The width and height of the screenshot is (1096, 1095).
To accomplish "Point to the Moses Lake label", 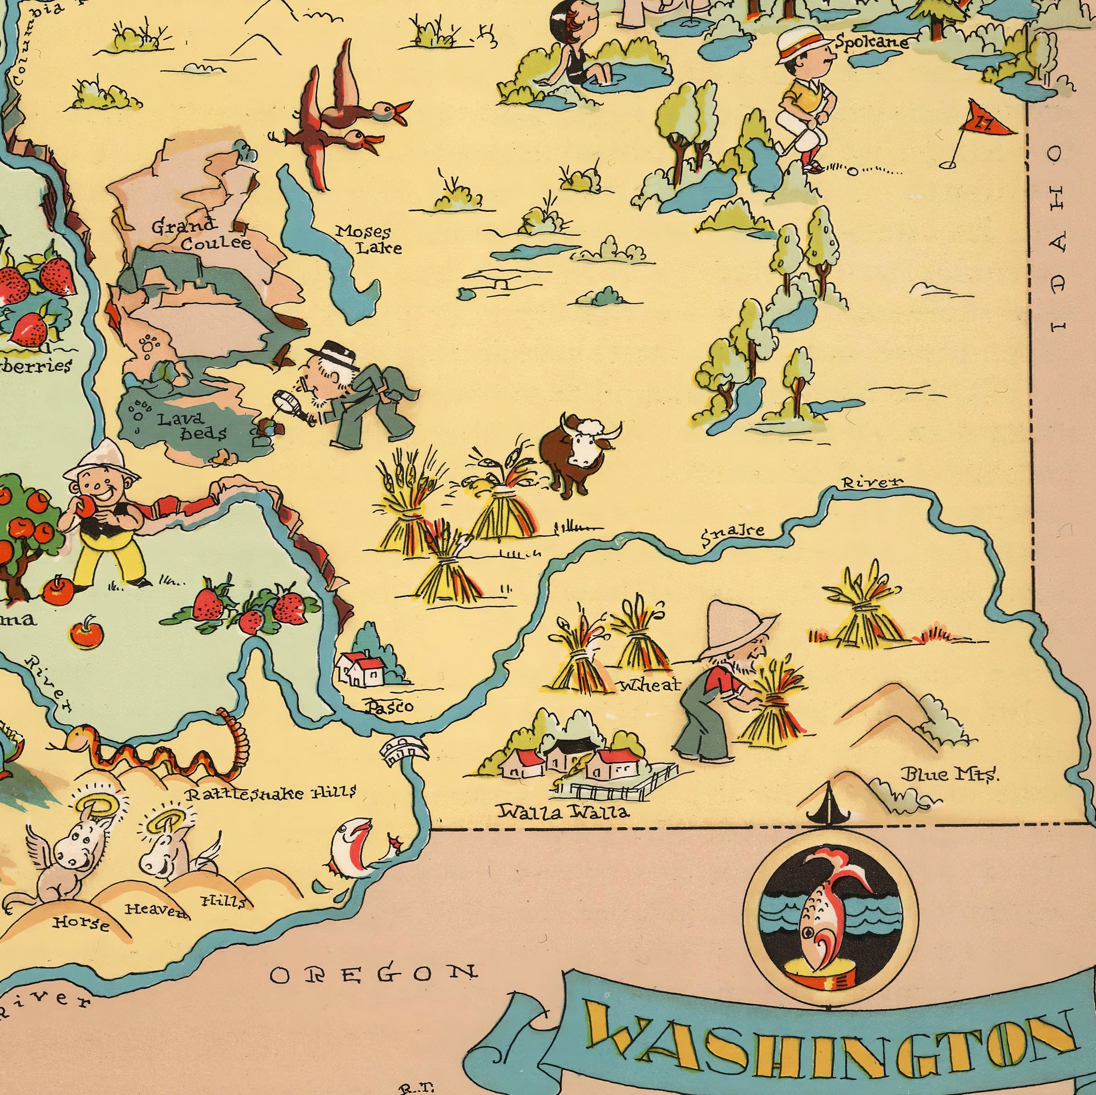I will tap(368, 239).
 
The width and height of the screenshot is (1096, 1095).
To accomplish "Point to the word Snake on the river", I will tap(732, 534).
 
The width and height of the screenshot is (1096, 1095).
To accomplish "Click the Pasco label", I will tap(390, 707).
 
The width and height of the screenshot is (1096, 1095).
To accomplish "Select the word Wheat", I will tap(650, 685).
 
